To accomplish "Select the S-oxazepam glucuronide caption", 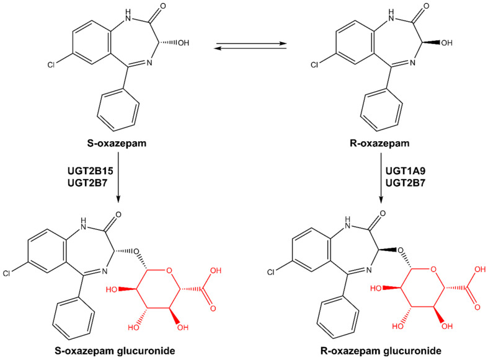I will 118,351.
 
